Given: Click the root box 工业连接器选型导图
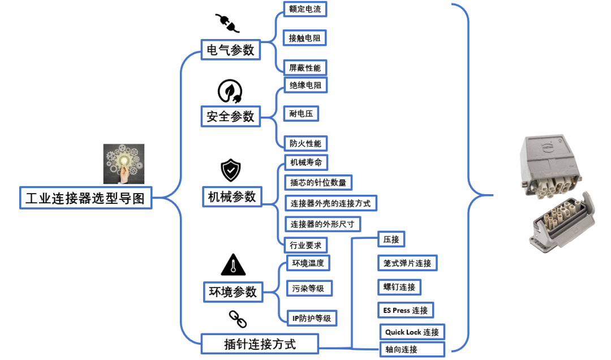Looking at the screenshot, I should [x=85, y=198].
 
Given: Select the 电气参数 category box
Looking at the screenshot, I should [x=230, y=50].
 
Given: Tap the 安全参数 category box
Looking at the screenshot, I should [x=230, y=117].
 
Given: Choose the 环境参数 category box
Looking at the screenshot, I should [x=233, y=292].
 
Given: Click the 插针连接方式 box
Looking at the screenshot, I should [x=260, y=343].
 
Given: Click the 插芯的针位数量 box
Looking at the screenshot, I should [x=317, y=182].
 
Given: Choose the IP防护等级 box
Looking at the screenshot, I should [x=311, y=318].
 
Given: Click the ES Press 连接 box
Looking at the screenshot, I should [x=406, y=310].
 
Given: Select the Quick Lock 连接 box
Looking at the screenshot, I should [x=412, y=332].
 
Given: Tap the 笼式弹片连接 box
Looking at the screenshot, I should [x=407, y=263].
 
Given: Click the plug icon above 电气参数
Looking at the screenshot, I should [x=227, y=23].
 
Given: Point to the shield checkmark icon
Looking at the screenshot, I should [x=231, y=170].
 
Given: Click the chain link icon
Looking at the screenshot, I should [x=238, y=319].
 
